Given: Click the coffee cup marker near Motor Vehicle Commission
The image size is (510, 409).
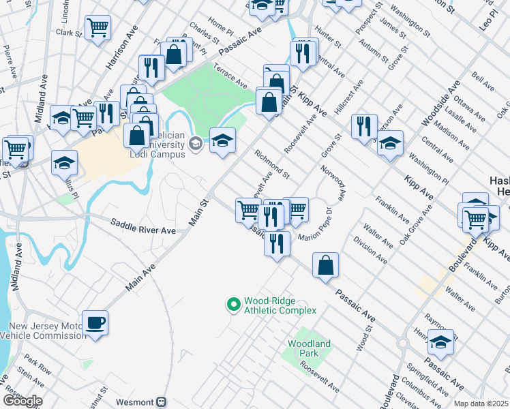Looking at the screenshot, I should pos(95,322).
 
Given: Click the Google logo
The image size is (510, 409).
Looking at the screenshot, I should pos(22,401).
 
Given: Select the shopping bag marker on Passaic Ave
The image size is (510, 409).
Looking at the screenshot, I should pos(326,264).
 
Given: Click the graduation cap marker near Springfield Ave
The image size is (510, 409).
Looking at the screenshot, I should pos(440,342).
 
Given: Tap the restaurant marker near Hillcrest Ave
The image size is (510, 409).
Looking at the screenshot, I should pos(364,126).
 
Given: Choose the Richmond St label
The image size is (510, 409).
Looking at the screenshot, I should pos(272,166).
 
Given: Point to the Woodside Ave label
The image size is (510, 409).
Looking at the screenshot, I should pos(435,104).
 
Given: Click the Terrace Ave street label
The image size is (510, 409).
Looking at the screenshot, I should pos(230,78).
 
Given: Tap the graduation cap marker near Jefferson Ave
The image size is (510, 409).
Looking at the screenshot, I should pos(390,143).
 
